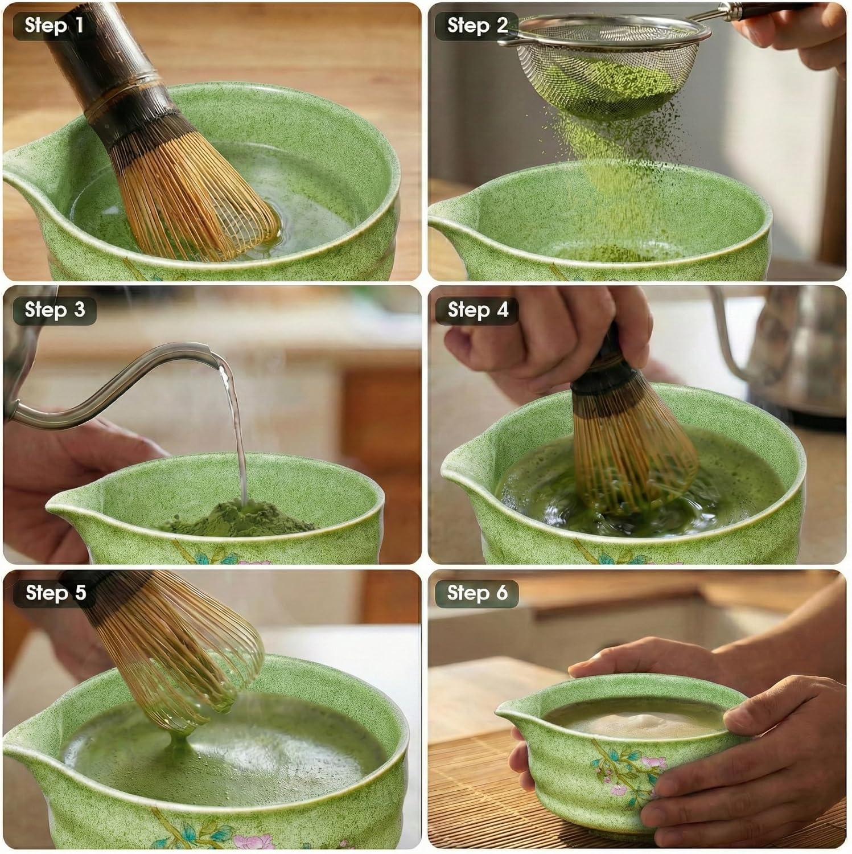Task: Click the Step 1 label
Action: (53, 26)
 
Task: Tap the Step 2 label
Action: (477, 26)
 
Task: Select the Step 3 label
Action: (54, 310)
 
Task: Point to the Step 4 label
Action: (477, 310)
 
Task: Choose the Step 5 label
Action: (55, 593)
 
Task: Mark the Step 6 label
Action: (477, 593)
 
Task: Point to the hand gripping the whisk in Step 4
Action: (546, 342)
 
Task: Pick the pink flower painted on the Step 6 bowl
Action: (649, 763)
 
